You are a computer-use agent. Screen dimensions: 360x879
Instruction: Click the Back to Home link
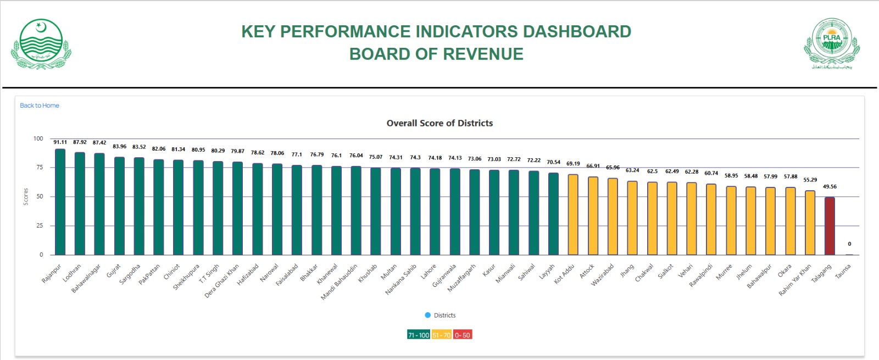(40, 106)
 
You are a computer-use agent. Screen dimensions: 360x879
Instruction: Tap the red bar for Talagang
(830, 226)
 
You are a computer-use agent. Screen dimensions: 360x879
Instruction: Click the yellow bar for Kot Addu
(573, 215)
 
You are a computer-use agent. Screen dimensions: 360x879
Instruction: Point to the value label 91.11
(60, 142)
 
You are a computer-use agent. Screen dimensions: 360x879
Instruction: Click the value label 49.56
(830, 187)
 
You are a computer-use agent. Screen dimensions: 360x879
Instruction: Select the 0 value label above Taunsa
(849, 244)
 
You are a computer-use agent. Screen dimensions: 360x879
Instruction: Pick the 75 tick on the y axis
(40, 168)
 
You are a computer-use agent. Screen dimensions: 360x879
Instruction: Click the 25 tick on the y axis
(40, 226)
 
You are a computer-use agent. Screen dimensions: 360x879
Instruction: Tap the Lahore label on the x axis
(429, 272)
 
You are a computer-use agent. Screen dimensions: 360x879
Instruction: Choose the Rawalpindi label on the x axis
(701, 275)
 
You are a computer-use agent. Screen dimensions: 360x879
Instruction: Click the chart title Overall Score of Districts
(439, 123)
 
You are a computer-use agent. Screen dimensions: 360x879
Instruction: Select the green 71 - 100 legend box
(419, 335)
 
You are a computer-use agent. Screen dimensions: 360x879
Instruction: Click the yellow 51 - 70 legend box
(442, 335)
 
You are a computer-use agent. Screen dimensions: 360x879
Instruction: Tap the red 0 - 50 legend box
(463, 335)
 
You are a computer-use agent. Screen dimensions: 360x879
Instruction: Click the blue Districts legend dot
(428, 315)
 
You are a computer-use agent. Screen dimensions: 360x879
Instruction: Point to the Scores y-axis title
(26, 197)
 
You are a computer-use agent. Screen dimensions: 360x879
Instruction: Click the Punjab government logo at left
(41, 44)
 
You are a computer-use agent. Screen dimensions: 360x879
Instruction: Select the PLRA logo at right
(832, 44)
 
